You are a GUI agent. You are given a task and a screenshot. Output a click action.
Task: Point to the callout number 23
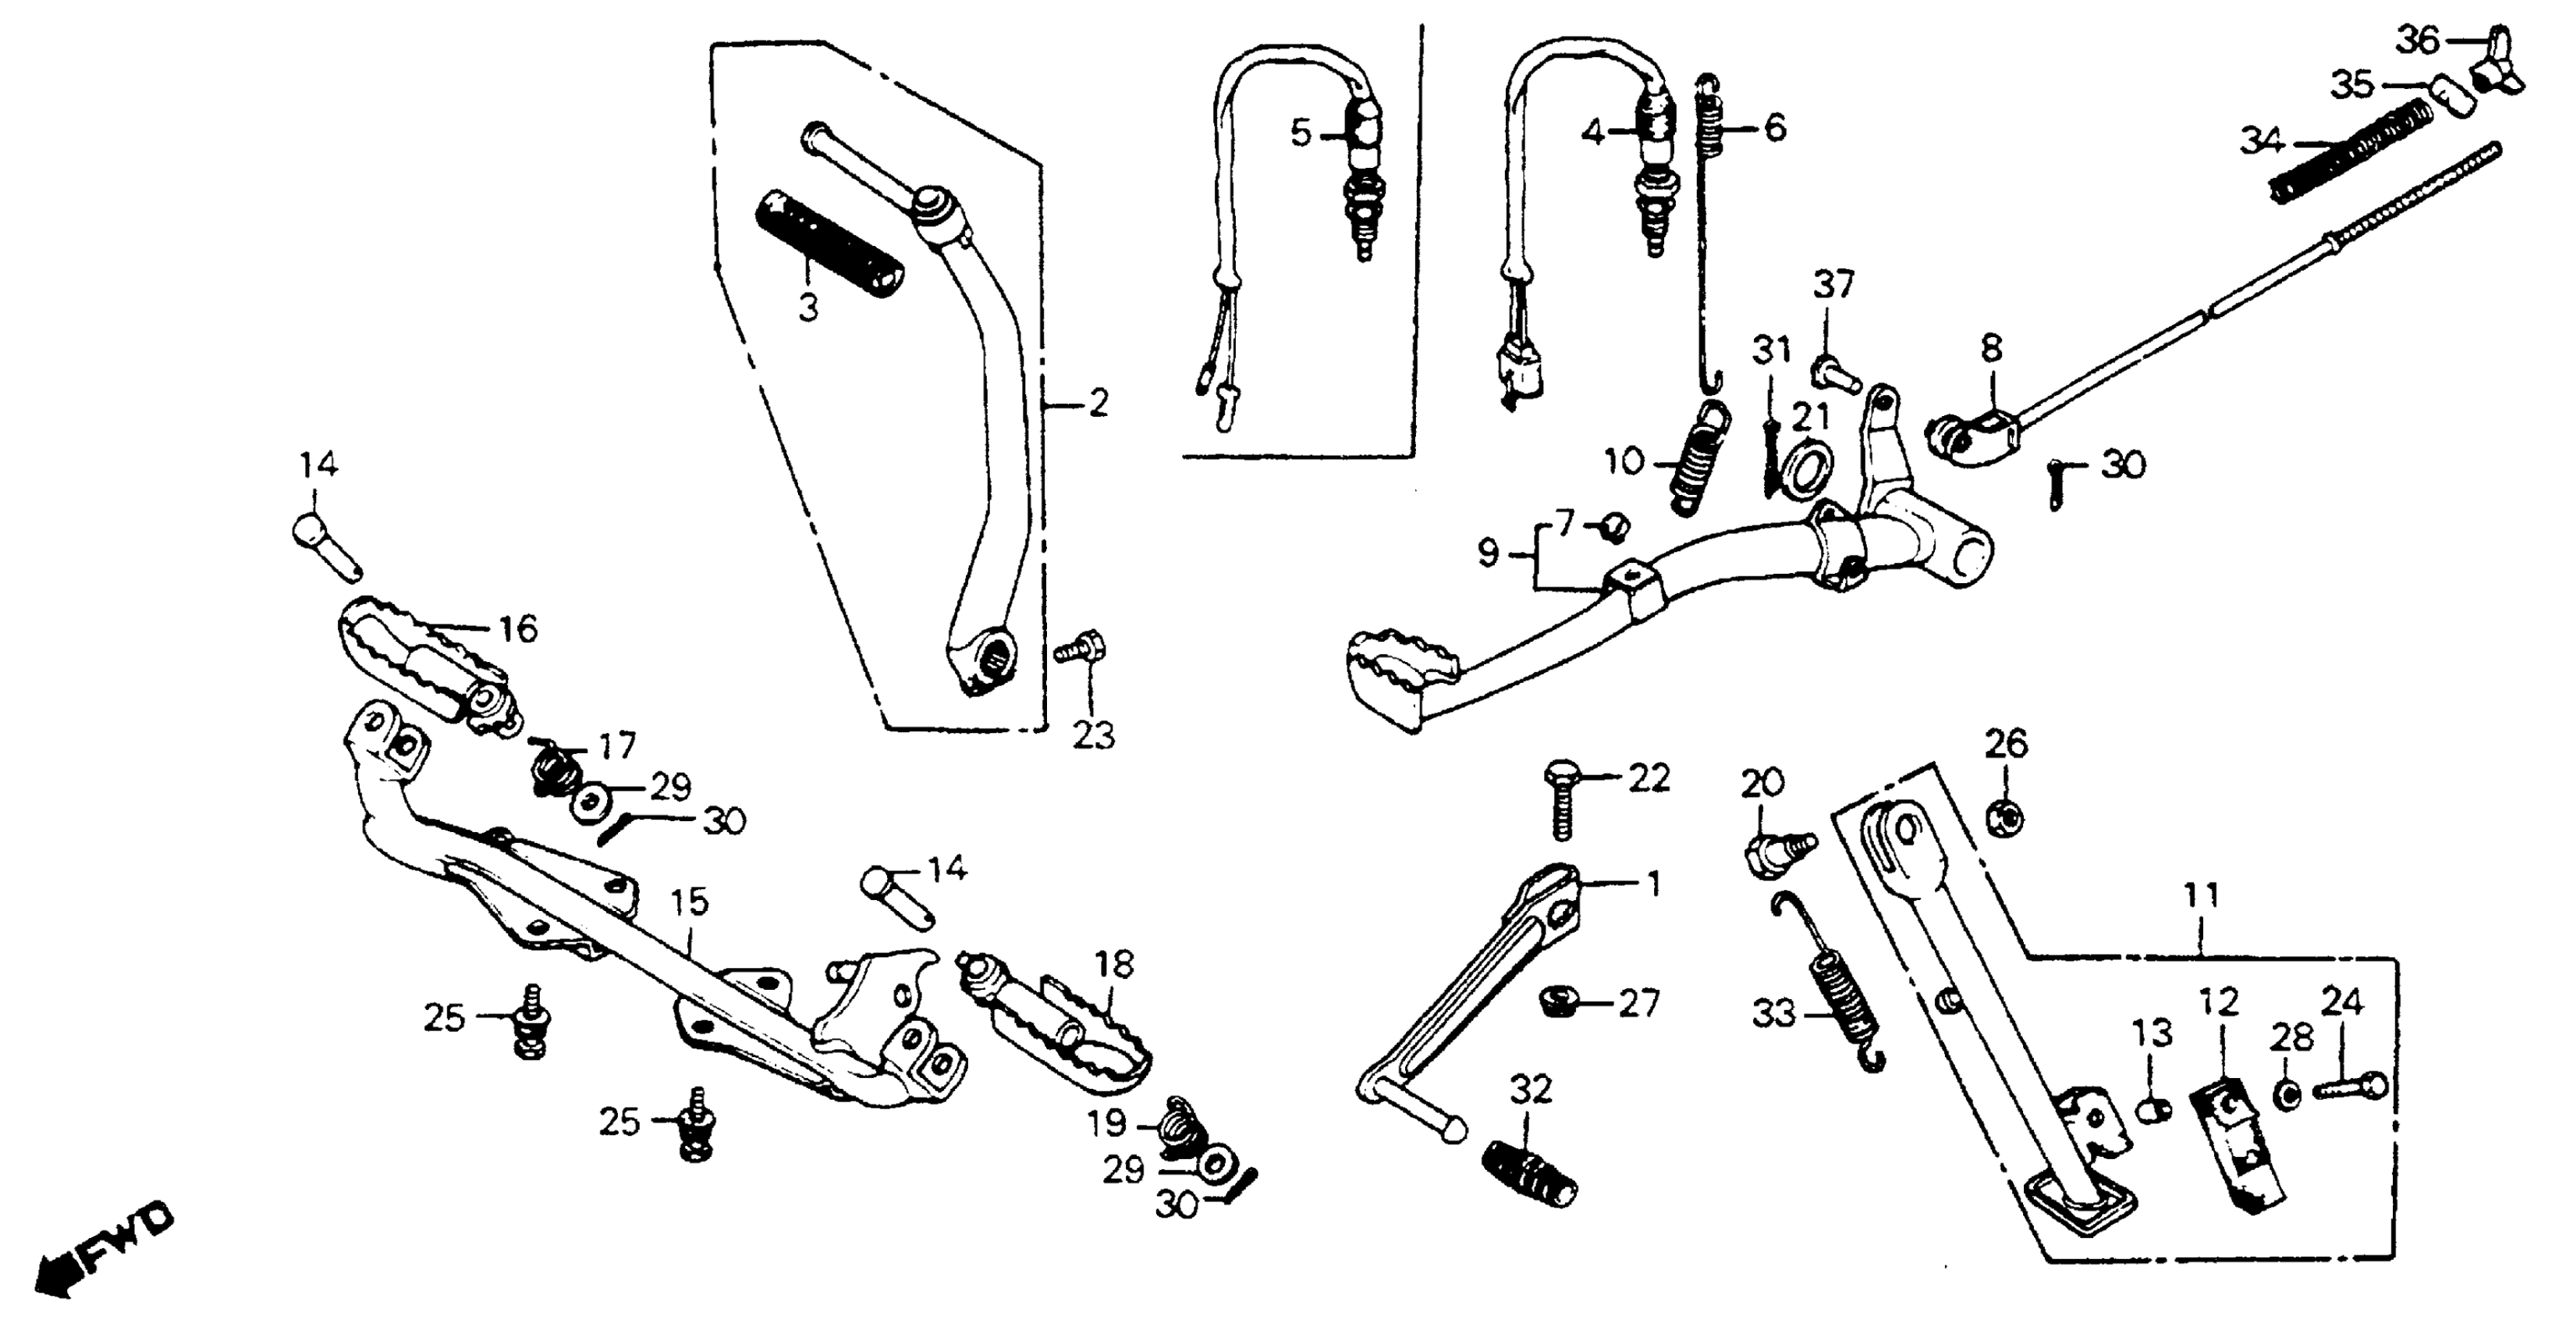(x=1093, y=735)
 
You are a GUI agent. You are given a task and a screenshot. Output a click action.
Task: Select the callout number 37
(x=1833, y=286)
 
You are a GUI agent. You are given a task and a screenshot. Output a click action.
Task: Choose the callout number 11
(x=2201, y=897)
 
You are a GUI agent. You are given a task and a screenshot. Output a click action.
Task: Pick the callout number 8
(x=1991, y=349)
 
